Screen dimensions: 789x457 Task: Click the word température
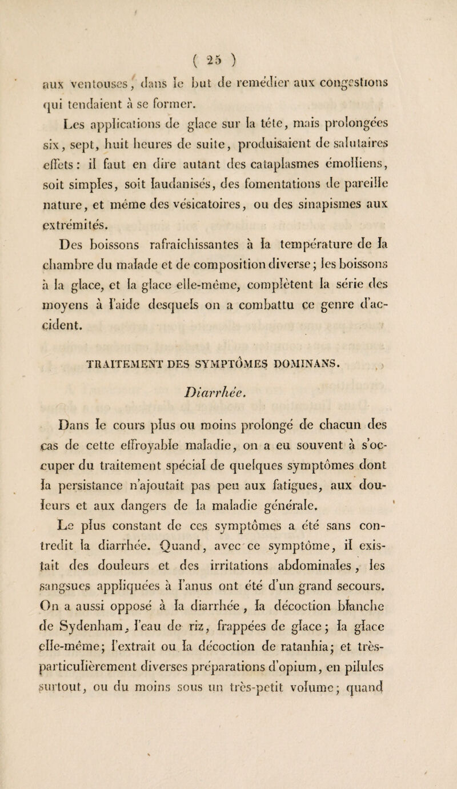pos(338,221)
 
